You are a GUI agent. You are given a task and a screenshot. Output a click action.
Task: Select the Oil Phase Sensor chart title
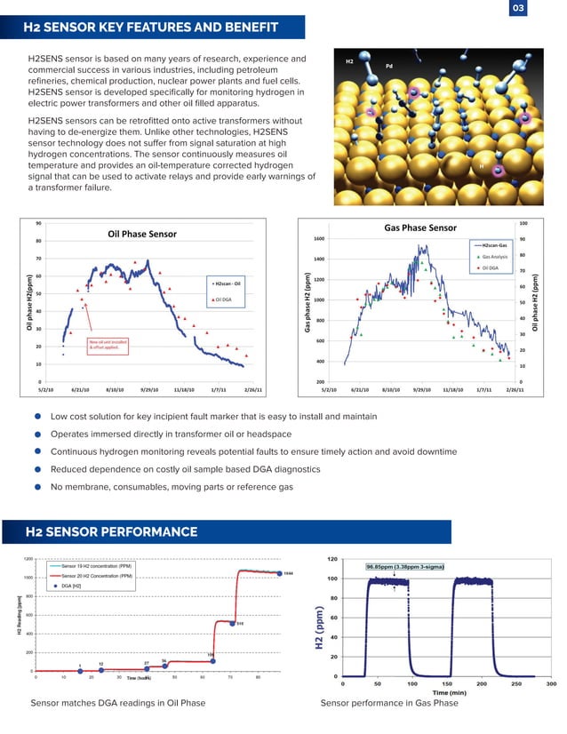(x=142, y=234)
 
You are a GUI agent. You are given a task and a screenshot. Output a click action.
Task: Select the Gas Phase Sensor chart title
(x=419, y=227)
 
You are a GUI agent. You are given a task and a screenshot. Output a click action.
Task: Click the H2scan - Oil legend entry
(x=227, y=283)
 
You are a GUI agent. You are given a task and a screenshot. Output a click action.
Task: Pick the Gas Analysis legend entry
(x=494, y=256)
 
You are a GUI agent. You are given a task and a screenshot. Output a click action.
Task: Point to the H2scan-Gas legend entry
(x=492, y=244)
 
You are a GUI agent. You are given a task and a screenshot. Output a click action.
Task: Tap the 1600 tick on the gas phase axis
(x=318, y=239)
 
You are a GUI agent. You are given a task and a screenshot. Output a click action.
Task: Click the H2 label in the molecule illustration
(x=349, y=61)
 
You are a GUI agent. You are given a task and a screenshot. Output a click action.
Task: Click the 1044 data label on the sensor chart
(x=288, y=573)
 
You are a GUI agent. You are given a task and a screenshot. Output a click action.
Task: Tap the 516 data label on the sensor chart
(x=240, y=623)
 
